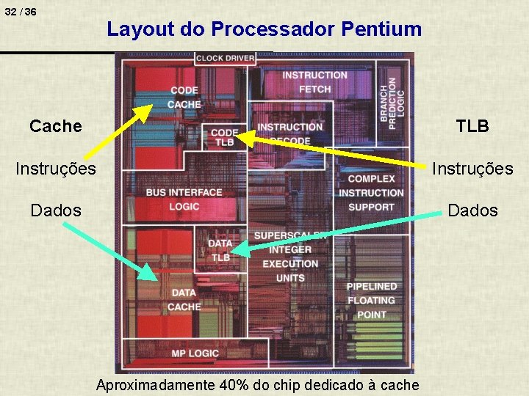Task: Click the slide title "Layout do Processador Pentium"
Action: tap(264, 29)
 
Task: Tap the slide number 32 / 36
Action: tap(21, 12)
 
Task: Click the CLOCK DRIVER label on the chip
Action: tap(226, 58)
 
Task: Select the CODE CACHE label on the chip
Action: tap(184, 97)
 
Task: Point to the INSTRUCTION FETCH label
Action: tap(314, 82)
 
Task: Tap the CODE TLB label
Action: tap(224, 137)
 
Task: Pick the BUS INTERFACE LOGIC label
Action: tap(184, 199)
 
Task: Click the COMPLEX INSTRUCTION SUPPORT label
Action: tap(371, 193)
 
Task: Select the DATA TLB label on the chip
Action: tap(220, 250)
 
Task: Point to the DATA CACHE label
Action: tap(184, 299)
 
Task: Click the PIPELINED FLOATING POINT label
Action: tap(371, 300)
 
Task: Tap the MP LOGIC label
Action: tap(195, 353)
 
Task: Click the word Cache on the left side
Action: tap(56, 126)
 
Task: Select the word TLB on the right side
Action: tap(472, 126)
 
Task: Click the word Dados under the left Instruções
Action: tap(56, 211)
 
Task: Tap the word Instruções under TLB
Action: tap(472, 169)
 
